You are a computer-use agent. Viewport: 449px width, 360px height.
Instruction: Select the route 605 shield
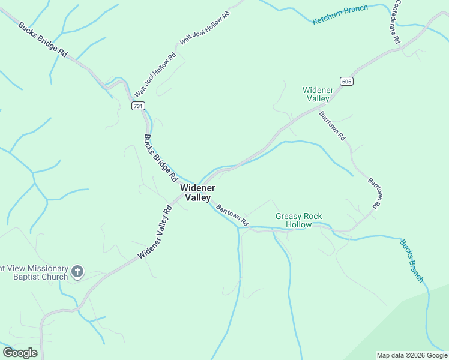pyautogui.click(x=346, y=81)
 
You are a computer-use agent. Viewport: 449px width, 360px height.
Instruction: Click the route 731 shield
pyautogui.click(x=139, y=106)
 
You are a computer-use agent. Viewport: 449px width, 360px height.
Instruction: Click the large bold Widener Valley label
pyautogui.click(x=196, y=193)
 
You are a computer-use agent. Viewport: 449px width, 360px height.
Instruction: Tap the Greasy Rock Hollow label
pyautogui.click(x=298, y=220)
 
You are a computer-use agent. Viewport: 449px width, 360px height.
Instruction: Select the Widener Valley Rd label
pyautogui.click(x=155, y=233)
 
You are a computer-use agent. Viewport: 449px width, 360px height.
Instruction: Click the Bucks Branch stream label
pyautogui.click(x=412, y=261)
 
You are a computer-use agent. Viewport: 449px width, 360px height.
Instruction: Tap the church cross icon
pyautogui.click(x=77, y=272)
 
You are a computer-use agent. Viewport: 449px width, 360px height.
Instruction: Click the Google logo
pyautogui.click(x=20, y=353)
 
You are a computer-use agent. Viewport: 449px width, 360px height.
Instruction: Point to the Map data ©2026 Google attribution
pyautogui.click(x=412, y=355)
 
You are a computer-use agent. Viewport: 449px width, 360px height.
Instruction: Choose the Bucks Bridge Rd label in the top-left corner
pyautogui.click(x=43, y=40)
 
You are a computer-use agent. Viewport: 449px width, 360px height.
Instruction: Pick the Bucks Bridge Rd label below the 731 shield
pyautogui.click(x=161, y=158)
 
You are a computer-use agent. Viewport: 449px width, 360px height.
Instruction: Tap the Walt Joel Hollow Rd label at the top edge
pyautogui.click(x=205, y=27)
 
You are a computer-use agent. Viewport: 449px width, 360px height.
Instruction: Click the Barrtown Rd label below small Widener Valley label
pyautogui.click(x=333, y=126)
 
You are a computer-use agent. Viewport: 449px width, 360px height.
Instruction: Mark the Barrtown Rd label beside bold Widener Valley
pyautogui.click(x=232, y=215)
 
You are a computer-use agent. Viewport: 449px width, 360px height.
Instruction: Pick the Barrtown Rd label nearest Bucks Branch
pyautogui.click(x=374, y=193)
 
